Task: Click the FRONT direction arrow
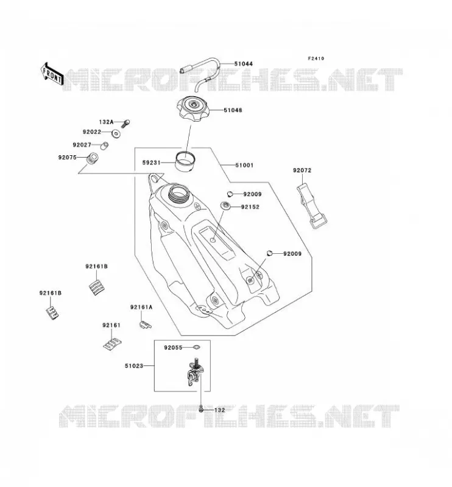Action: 52,74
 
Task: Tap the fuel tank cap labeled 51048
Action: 193,110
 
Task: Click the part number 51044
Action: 244,64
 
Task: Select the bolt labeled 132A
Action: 126,124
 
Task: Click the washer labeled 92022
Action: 116,133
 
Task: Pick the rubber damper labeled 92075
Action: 93,158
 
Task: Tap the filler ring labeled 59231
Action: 185,161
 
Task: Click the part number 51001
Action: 244,165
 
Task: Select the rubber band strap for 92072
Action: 311,206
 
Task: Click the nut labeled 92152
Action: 225,206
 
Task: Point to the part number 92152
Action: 250,207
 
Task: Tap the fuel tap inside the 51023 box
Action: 194,373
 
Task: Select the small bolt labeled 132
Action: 201,409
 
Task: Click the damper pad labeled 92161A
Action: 145,324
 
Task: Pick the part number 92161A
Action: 141,307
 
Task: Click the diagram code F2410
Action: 316,58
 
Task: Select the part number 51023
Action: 134,366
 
